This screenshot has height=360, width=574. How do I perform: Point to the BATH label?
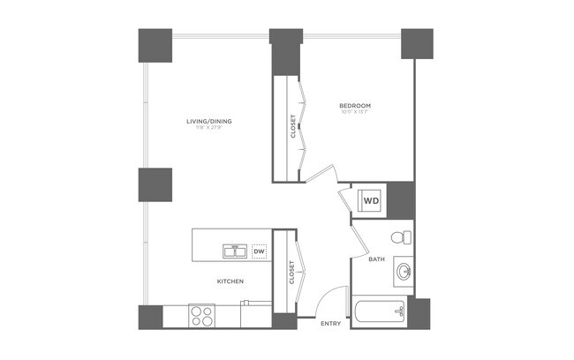click(376, 259)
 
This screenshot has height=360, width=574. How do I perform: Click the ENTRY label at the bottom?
click(330, 324)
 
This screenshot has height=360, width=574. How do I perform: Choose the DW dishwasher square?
click(259, 252)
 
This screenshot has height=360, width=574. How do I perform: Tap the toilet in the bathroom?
click(400, 236)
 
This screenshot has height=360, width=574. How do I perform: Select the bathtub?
click(379, 311)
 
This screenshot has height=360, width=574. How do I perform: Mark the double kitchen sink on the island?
click(236, 252)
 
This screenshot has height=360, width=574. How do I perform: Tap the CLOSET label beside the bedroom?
click(293, 127)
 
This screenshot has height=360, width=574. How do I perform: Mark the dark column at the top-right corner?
click(417, 43)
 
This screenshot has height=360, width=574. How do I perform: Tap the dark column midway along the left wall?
click(155, 184)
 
